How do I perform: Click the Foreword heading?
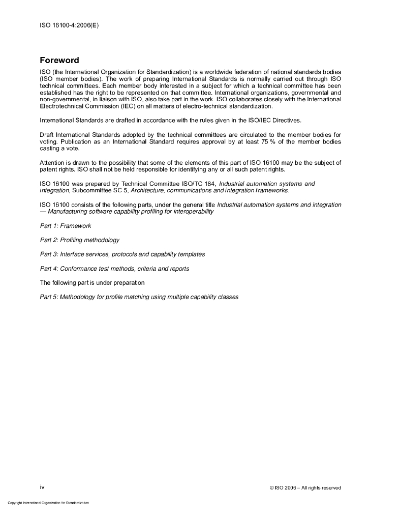[59, 61]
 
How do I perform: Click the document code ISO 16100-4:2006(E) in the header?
[69, 24]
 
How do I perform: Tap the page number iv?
[42, 487]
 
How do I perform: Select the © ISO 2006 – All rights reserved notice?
[305, 488]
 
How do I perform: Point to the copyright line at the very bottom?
[48, 503]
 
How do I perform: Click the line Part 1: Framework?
[66, 225]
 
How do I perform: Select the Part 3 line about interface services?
[122, 254]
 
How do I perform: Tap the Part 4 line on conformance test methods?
[114, 268]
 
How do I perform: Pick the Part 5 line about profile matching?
[139, 297]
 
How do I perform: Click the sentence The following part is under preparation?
[92, 282]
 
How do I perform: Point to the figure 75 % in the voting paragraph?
[268, 141]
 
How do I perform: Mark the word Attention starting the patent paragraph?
[52, 163]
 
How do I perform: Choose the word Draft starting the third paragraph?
[47, 135]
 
